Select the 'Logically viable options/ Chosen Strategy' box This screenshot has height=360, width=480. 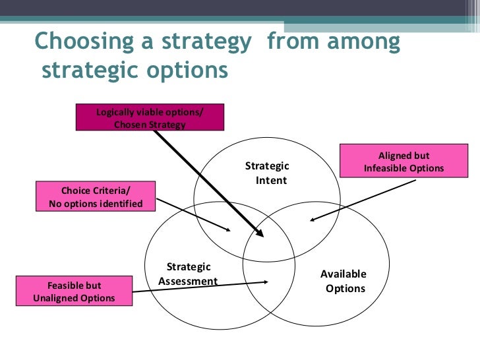[x=150, y=117]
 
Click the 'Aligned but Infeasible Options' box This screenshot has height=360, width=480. [x=404, y=162]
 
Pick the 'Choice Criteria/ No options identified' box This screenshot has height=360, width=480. [x=96, y=196]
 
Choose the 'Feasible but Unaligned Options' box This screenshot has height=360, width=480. [x=73, y=291]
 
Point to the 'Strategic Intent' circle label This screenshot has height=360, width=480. [x=268, y=172]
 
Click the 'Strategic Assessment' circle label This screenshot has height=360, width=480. [x=188, y=274]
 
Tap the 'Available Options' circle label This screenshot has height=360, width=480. [x=344, y=282]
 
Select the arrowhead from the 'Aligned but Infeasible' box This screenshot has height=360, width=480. [x=310, y=221]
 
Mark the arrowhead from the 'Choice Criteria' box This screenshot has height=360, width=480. [x=227, y=230]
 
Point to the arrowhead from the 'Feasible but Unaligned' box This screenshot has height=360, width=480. [x=265, y=282]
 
